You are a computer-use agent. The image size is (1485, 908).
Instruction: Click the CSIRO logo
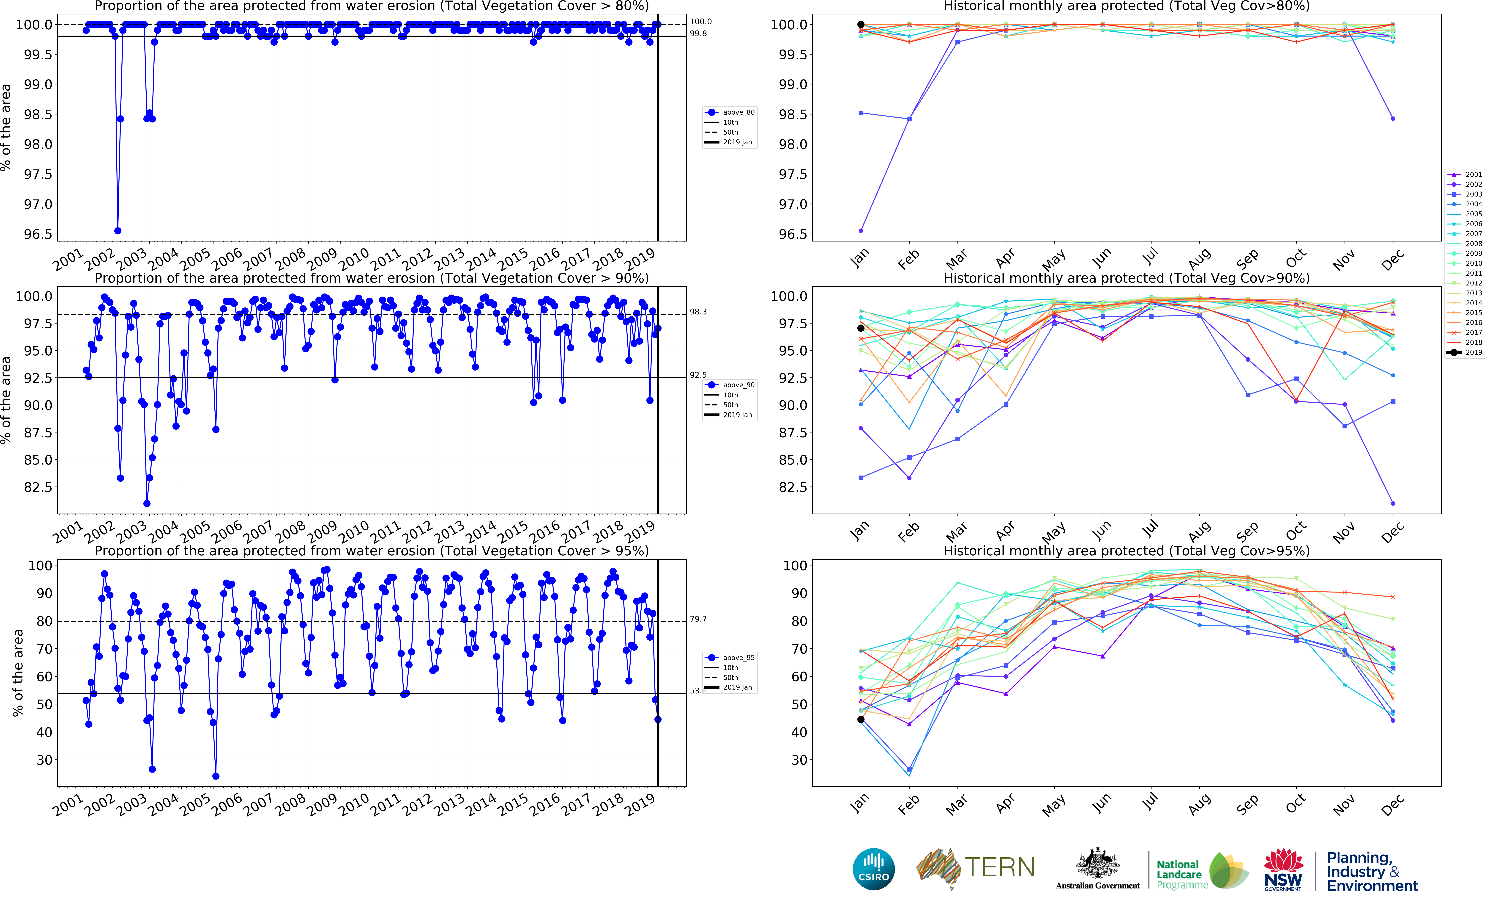(x=873, y=869)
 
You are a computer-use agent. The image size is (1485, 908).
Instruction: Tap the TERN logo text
(x=999, y=868)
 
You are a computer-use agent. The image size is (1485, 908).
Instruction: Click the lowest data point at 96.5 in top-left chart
(x=118, y=231)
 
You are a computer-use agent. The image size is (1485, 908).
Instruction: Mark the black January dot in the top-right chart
(x=861, y=25)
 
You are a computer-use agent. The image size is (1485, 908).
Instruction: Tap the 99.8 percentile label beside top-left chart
(x=698, y=34)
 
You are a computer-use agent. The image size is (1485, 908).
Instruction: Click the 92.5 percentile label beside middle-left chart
(x=698, y=375)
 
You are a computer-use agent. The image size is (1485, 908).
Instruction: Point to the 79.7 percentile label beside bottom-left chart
(x=698, y=619)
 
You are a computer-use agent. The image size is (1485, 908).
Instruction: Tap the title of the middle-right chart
(x=1126, y=278)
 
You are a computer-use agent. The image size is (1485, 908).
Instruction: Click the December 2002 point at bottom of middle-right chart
(x=1393, y=503)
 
